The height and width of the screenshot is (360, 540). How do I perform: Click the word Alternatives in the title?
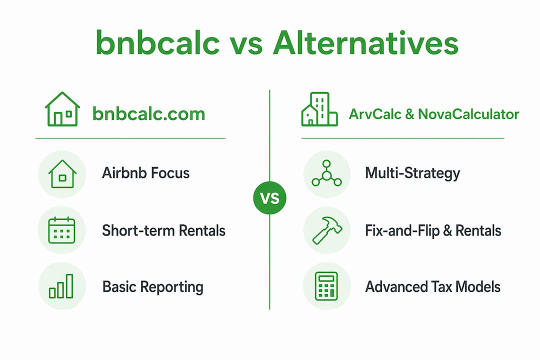click(365, 42)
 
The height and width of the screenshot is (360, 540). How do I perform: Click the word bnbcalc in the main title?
click(157, 42)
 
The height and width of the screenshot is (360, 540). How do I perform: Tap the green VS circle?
click(269, 197)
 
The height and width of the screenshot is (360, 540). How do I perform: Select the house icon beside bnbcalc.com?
click(62, 109)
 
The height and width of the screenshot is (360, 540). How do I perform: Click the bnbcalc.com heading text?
click(149, 113)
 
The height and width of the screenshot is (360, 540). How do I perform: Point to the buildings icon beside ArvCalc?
click(319, 109)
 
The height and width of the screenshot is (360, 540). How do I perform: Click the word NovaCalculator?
click(468, 114)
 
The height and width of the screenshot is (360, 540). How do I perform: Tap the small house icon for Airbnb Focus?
click(62, 174)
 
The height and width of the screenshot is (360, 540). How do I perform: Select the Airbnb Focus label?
click(145, 173)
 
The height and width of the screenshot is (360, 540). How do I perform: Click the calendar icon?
click(61, 230)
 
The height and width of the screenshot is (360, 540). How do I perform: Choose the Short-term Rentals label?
click(163, 230)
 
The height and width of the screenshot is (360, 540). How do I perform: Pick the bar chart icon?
click(61, 286)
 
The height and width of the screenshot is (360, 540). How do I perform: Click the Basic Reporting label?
click(153, 287)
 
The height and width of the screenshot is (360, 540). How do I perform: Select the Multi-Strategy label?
click(412, 173)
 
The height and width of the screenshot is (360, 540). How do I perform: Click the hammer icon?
click(327, 230)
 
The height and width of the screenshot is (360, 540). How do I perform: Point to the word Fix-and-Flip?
click(402, 230)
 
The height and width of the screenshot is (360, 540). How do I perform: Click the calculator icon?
click(326, 286)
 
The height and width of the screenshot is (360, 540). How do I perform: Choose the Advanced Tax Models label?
click(433, 286)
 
